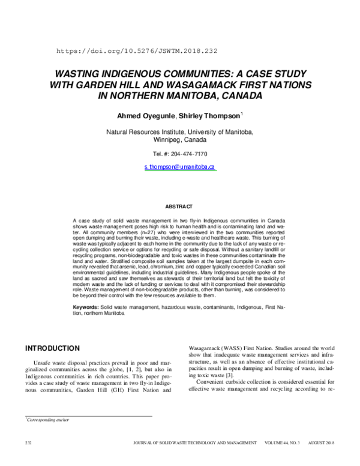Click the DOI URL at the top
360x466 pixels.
(137, 52)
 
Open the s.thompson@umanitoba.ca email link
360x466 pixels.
(180, 166)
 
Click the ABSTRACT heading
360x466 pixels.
(179, 207)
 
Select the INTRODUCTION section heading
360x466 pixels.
(60, 348)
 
